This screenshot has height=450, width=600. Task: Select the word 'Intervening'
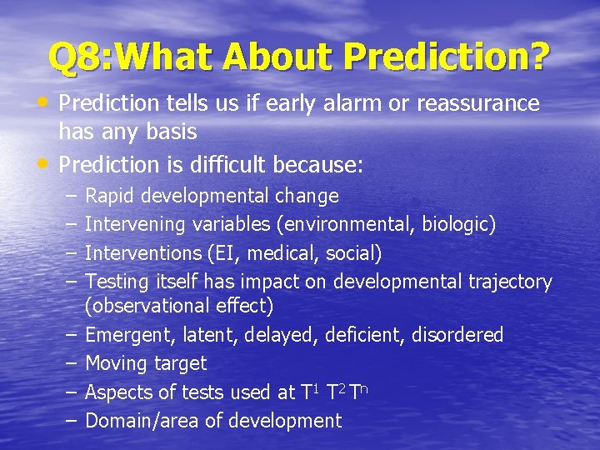(x=136, y=224)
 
